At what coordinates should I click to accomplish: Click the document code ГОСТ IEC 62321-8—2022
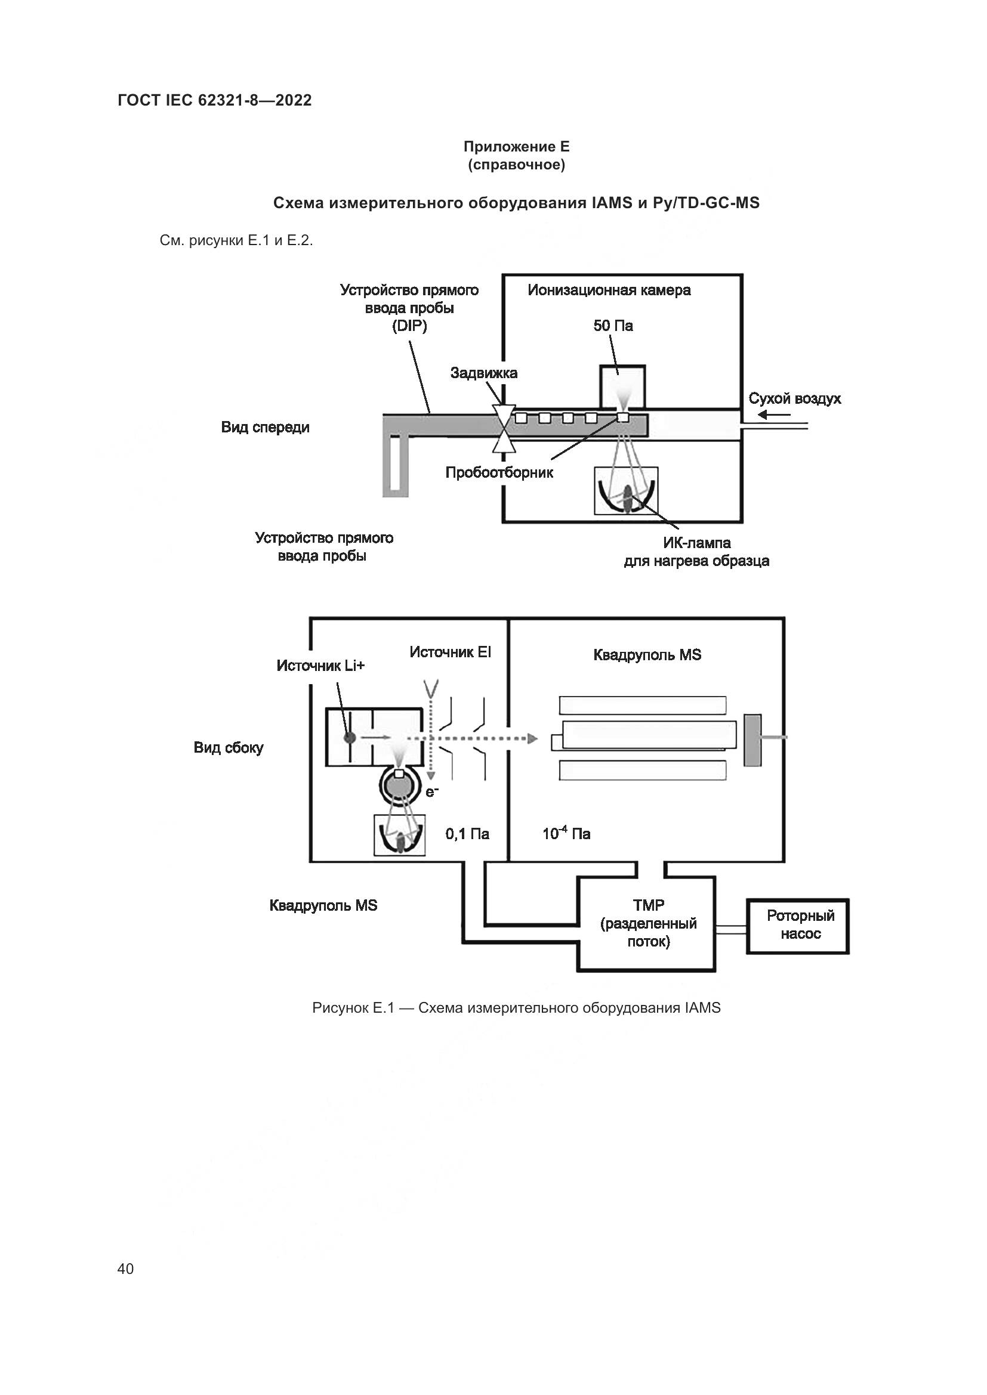click(x=215, y=100)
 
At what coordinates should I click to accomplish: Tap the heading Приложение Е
click(x=516, y=147)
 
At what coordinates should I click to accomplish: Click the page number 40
click(x=125, y=1268)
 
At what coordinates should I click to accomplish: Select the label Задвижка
click(x=484, y=373)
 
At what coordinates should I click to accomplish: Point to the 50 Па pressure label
click(x=613, y=326)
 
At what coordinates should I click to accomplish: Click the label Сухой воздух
click(x=794, y=398)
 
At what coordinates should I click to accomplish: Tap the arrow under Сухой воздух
click(x=774, y=416)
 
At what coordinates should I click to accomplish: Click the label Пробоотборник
click(x=499, y=473)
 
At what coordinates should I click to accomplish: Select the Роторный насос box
click(x=797, y=926)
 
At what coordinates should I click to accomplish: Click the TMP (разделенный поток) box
click(x=647, y=923)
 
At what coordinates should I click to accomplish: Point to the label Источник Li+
click(x=320, y=666)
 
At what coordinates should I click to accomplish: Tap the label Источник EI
click(x=450, y=652)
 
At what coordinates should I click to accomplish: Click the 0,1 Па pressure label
click(x=467, y=834)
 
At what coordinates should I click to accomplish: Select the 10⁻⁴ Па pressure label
click(x=566, y=834)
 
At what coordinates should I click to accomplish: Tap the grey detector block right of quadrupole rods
click(x=752, y=740)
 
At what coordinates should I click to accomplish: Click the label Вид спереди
click(x=265, y=427)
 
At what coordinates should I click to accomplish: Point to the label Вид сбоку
click(x=229, y=748)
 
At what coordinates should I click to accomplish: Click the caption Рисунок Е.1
click(x=516, y=1008)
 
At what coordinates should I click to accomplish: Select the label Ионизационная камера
click(x=609, y=290)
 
